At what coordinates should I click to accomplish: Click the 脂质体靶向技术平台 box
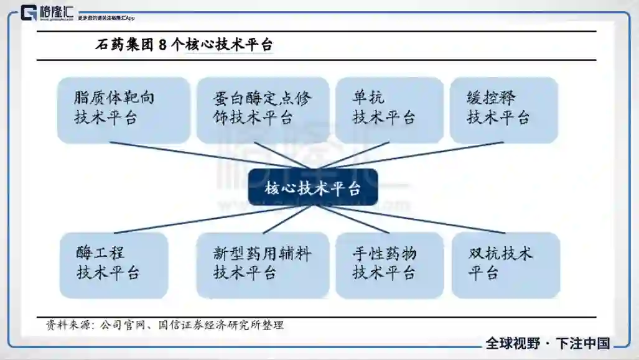(123, 109)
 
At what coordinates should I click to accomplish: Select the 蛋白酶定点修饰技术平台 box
(262, 109)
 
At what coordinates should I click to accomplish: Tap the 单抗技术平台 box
(389, 109)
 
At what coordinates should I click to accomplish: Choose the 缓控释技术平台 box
(503, 109)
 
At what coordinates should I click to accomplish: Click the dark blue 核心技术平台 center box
(312, 187)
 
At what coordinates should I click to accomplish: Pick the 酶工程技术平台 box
(114, 264)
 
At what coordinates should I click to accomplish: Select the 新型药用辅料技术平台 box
(262, 264)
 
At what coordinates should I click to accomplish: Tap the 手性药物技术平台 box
(389, 264)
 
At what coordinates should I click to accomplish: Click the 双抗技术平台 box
(505, 264)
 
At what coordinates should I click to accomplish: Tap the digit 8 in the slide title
(162, 45)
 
